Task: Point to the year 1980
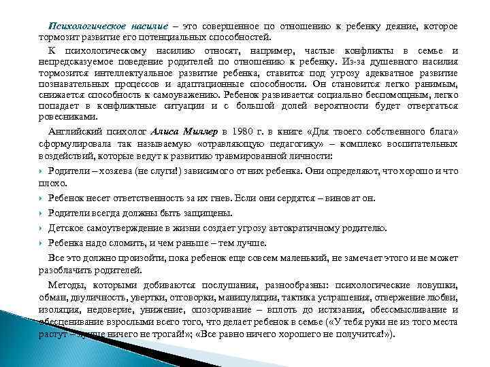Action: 245,131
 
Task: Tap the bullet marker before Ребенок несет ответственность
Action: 42,198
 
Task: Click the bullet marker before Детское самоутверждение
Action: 42,228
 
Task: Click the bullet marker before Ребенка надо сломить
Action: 42,243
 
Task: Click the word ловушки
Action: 435,285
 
